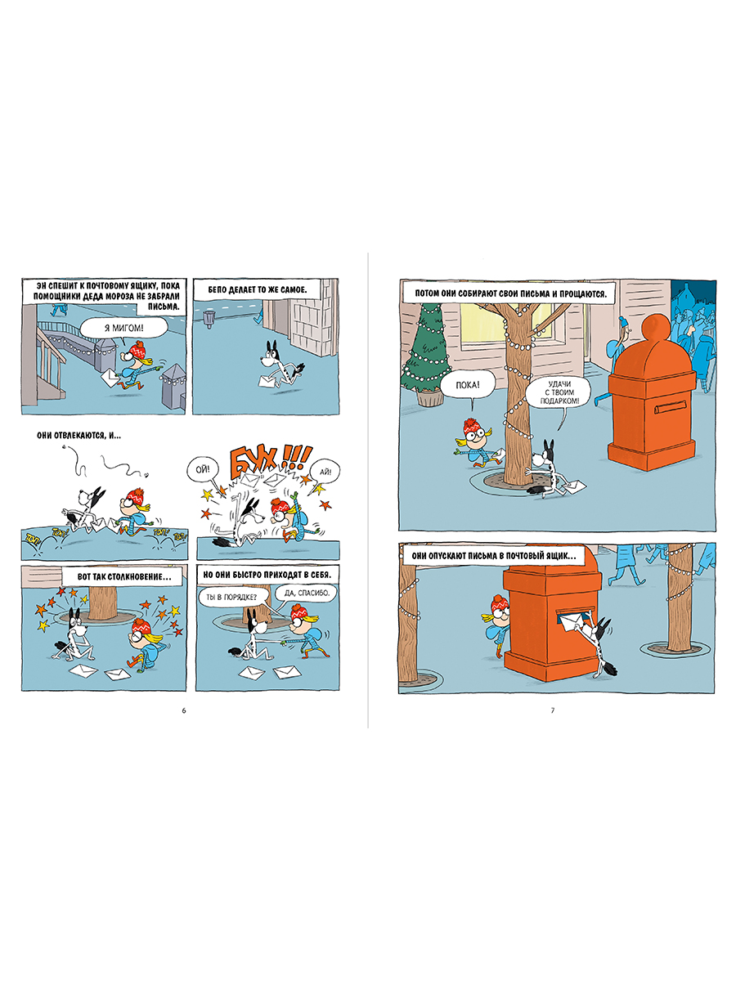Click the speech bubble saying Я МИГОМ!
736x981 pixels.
click(x=123, y=329)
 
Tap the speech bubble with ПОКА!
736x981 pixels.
click(x=468, y=385)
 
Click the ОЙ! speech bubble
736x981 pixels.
click(x=203, y=469)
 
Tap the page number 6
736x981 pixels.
click(x=184, y=710)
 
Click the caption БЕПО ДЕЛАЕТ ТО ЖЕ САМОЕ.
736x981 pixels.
click(x=258, y=289)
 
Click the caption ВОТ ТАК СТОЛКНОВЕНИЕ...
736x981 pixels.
click(x=123, y=576)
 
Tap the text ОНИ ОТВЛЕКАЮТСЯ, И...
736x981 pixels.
click(x=79, y=435)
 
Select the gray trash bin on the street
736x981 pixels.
click(x=209, y=319)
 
